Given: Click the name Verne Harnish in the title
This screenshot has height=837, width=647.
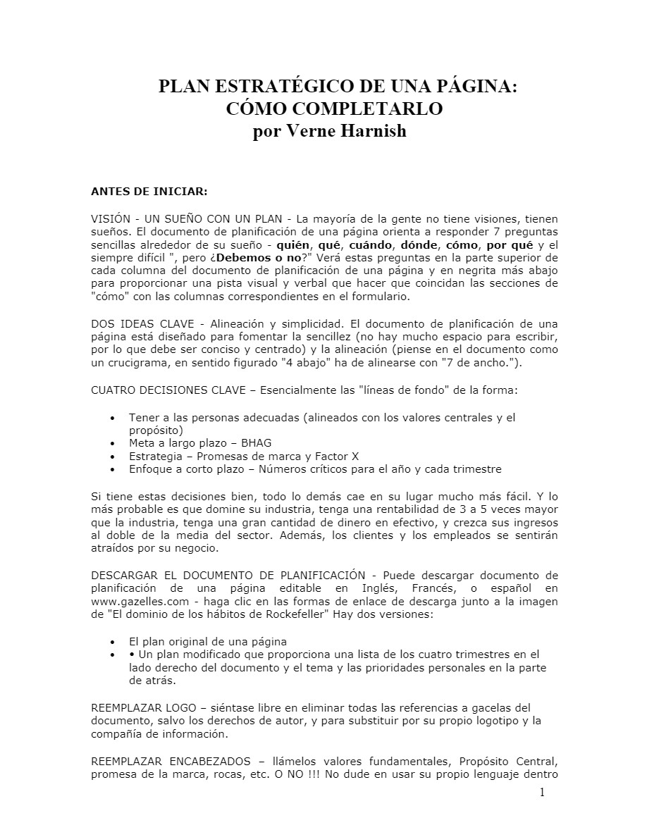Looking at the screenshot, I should click(x=352, y=132).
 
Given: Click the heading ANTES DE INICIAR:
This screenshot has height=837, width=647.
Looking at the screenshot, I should click(x=149, y=190).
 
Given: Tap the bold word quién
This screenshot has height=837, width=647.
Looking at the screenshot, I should click(x=293, y=245).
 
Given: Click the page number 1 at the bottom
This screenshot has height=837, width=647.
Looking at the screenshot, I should click(x=542, y=793).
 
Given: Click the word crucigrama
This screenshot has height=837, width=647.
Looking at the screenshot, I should click(x=133, y=363).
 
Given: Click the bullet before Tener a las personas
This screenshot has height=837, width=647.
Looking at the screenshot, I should click(x=113, y=418).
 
